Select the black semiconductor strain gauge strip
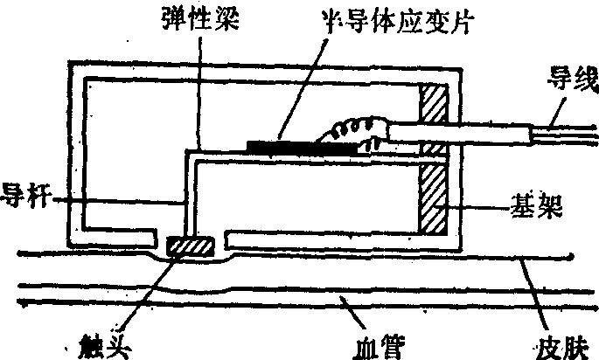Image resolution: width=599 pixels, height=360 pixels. pyautogui.click(x=302, y=144)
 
